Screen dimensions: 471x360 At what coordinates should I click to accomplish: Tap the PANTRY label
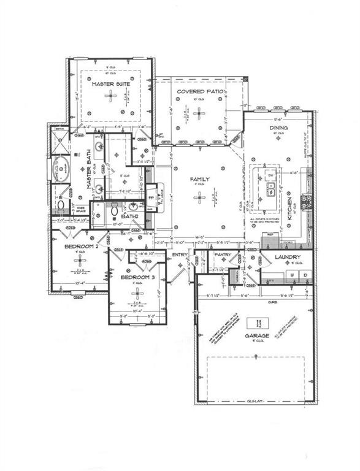click(222, 255)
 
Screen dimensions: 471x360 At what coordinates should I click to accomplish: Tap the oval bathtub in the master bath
click(61, 167)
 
